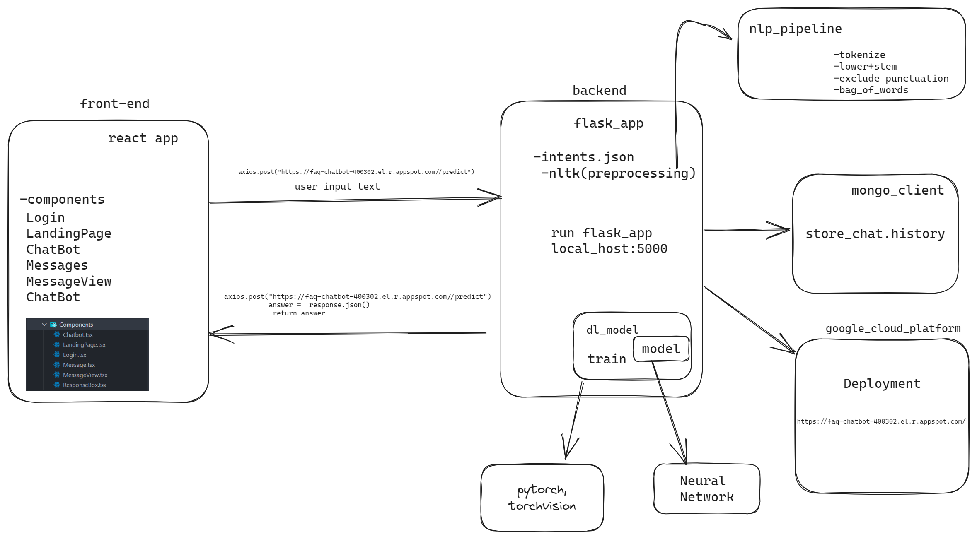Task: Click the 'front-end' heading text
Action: pyautogui.click(x=114, y=103)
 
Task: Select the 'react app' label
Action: pyautogui.click(x=143, y=138)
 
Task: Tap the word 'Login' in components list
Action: pyautogui.click(x=45, y=217)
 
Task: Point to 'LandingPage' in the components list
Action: pyautogui.click(x=69, y=233)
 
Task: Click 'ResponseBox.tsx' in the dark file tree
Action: pyautogui.click(x=84, y=385)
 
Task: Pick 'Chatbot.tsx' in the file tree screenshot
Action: pyautogui.click(x=77, y=335)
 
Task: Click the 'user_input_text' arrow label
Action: pyautogui.click(x=337, y=187)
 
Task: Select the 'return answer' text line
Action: pyautogui.click(x=299, y=313)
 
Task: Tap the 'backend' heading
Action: pyautogui.click(x=599, y=90)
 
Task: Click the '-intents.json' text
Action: pyautogui.click(x=583, y=157)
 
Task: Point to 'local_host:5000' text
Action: pyautogui.click(x=609, y=249)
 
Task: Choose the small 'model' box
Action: pyautogui.click(x=661, y=349)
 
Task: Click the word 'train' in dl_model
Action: pyautogui.click(x=607, y=359)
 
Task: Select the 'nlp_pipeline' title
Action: pyautogui.click(x=795, y=29)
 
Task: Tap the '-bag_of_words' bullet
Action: pyautogui.click(x=871, y=90)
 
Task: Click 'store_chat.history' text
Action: pyautogui.click(x=875, y=234)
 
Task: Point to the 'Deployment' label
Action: pyautogui.click(x=882, y=384)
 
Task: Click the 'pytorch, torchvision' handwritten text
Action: pyautogui.click(x=542, y=498)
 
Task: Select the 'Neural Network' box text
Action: pyautogui.click(x=706, y=489)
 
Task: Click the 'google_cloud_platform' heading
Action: pyautogui.click(x=893, y=329)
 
